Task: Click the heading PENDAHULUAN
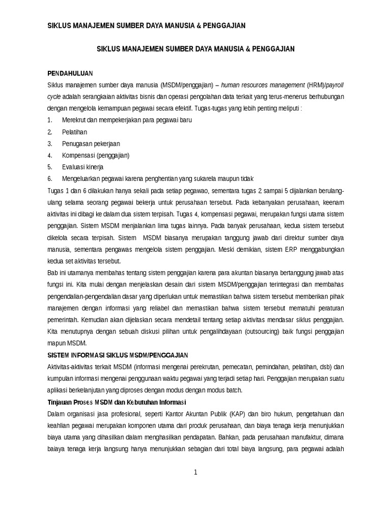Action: (x=70, y=72)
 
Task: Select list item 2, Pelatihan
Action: (x=75, y=132)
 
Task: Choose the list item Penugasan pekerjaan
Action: (x=91, y=143)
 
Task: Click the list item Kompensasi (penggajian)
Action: (x=96, y=155)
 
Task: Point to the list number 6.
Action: (x=49, y=178)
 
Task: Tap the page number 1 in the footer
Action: (x=195, y=473)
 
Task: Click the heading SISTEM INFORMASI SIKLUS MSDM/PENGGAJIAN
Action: (x=118, y=354)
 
